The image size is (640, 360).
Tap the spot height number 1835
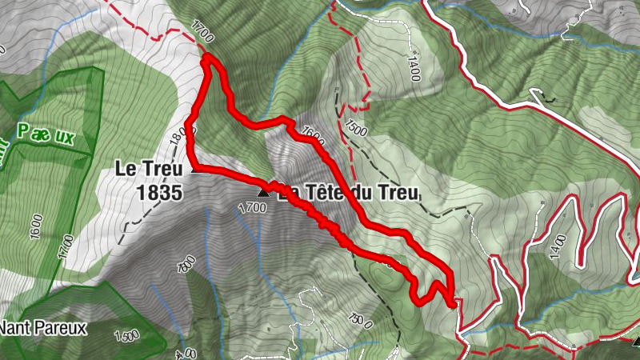[160, 192]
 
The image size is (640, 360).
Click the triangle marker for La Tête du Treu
[262, 193]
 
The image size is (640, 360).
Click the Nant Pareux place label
[43, 327]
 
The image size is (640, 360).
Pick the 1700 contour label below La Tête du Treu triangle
[251, 209]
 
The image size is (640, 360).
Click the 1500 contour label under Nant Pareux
[126, 335]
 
